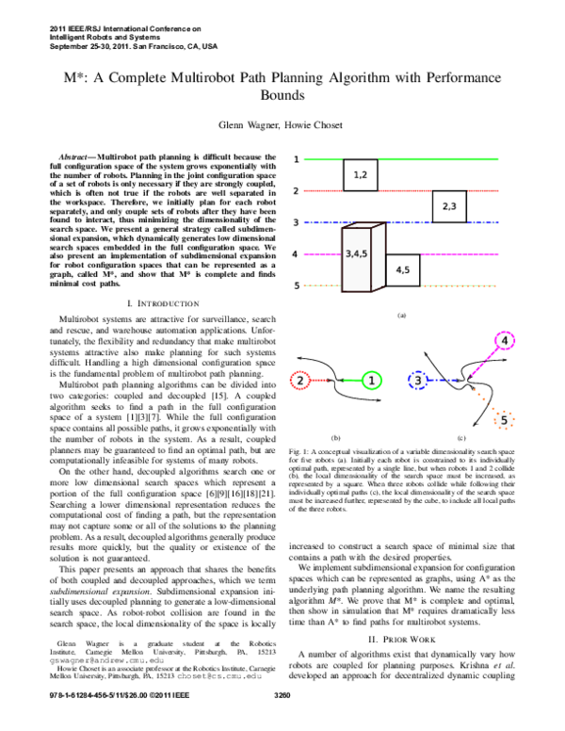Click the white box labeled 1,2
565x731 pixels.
[360, 175]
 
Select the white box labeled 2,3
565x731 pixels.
[449, 206]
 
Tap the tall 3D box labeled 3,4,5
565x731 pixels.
[357, 257]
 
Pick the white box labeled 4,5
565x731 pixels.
[402, 270]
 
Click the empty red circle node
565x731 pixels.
[299, 381]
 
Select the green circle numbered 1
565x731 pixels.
[372, 381]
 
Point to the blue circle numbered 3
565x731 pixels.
[418, 381]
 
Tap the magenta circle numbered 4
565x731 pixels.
[505, 341]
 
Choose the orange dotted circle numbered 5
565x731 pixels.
[504, 420]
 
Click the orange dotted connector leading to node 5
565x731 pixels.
[484, 399]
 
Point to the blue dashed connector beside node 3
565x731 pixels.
[443, 381]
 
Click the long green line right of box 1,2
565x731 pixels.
[438, 159]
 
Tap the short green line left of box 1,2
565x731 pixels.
[322, 159]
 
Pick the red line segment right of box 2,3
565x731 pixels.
[482, 190]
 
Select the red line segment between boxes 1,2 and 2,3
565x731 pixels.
[405, 190]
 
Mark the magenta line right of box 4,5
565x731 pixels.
[460, 254]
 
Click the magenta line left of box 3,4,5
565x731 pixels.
[321, 254]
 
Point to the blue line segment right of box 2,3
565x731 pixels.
[482, 223]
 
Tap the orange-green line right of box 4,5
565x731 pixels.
[459, 285]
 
